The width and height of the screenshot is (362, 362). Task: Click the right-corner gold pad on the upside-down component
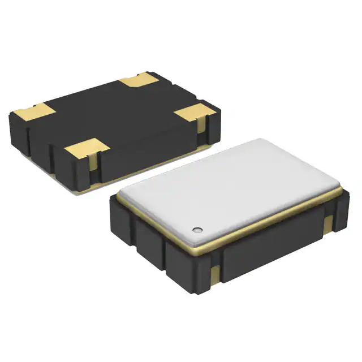pos(194,111)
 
